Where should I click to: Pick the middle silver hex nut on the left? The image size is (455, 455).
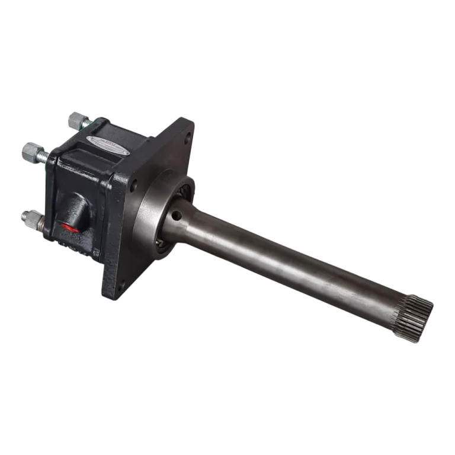coord(30,152)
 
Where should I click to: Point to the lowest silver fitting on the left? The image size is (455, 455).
coord(29,219)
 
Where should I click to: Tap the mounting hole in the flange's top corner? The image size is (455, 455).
coord(188,140)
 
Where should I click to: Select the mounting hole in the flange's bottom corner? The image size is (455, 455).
coord(120,286)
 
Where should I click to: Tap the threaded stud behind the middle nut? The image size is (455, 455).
coord(45,157)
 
